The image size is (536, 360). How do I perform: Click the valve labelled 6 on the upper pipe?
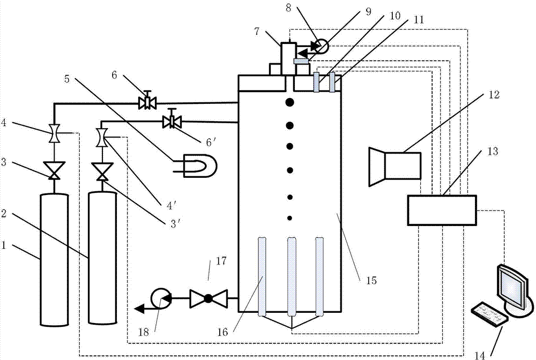pos(145,102)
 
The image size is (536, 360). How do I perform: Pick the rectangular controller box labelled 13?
pos(442,210)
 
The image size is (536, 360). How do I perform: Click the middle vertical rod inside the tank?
pos(292,276)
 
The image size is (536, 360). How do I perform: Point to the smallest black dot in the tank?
pos(290,217)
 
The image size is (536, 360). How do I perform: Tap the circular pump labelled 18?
pos(160,297)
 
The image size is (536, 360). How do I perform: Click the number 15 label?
pos(371,280)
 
